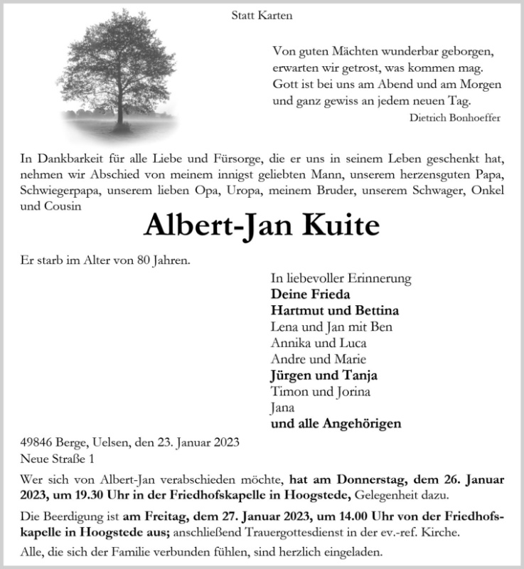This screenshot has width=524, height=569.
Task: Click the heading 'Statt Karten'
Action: coord(262,15)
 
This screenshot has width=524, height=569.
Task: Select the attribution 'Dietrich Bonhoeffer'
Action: coord(455,117)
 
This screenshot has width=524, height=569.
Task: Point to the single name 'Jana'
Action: coord(282,408)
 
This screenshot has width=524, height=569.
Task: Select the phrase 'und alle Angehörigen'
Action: coord(336,424)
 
